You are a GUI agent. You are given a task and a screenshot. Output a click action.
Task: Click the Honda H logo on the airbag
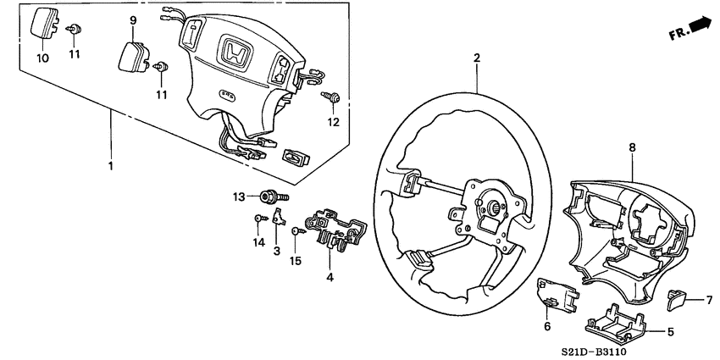coord(231,53)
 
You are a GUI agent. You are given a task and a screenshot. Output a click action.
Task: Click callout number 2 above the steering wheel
coord(477,58)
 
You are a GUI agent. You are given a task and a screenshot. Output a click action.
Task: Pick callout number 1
coord(109,166)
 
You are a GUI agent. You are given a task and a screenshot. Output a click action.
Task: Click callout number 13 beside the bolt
coord(239,197)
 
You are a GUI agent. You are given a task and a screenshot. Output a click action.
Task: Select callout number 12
coord(333,122)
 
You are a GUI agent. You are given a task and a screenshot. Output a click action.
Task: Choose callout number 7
coord(709,300)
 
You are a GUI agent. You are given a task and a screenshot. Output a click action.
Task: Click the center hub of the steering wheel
coord(489,206)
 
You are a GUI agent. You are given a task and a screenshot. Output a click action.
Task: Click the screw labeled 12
coord(332,99)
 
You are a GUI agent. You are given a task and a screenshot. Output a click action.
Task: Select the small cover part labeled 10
coord(42,25)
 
